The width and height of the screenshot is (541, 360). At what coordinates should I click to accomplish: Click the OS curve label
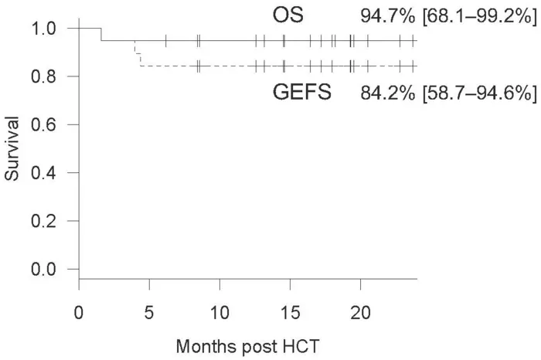(288, 15)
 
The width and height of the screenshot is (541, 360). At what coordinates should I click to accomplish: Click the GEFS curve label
(302, 93)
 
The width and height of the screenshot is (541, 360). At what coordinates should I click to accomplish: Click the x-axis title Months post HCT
(247, 347)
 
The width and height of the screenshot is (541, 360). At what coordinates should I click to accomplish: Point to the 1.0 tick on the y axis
(46, 28)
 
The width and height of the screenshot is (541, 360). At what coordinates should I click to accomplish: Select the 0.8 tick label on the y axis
(46, 76)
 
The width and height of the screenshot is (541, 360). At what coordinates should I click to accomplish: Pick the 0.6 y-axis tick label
(46, 124)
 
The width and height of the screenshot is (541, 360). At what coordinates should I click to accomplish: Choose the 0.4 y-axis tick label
(46, 172)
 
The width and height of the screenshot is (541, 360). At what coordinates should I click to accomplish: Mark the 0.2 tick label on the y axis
(46, 221)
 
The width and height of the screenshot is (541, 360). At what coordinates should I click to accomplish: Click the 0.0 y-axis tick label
(46, 269)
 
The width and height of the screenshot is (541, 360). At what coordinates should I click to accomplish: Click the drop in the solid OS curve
(101, 34)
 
